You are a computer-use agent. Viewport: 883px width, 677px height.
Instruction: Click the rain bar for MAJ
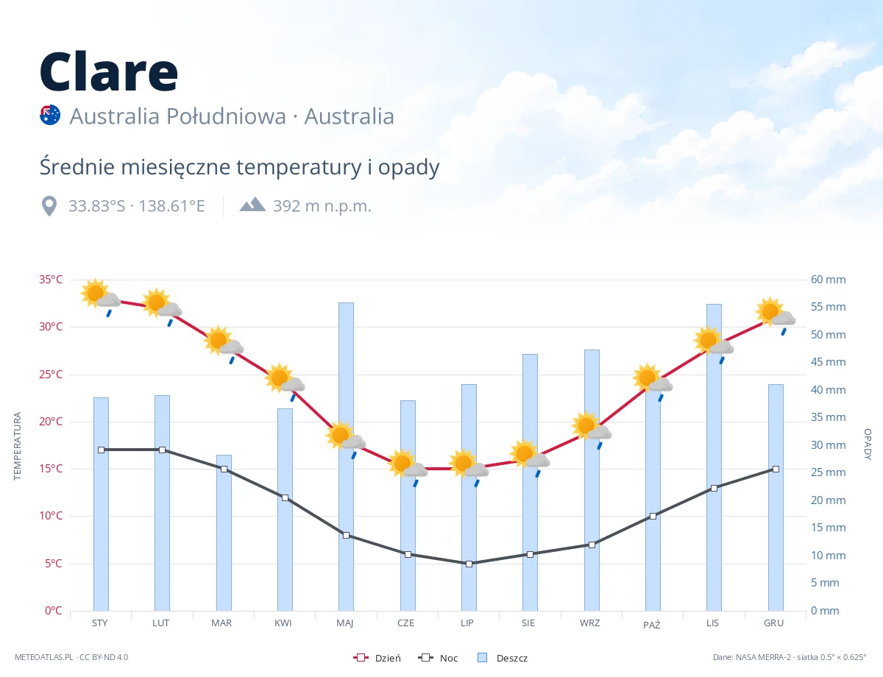346,456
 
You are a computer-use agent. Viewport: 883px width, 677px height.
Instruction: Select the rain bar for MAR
224,533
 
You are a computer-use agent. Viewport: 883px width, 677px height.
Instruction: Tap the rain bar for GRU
776,497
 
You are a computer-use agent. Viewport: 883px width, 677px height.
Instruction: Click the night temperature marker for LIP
469,564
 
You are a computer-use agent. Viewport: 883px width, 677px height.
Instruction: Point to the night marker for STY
102,450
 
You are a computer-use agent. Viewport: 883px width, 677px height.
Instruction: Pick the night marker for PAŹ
653,516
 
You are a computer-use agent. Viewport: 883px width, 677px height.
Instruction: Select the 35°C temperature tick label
51,280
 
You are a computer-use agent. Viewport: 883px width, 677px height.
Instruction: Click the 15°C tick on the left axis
51,469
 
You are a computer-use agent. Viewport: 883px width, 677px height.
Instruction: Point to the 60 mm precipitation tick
828,280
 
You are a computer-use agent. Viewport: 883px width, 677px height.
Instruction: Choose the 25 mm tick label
828,472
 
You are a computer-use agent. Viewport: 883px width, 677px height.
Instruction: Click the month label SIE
528,623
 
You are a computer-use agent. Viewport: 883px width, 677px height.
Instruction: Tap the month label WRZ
589,623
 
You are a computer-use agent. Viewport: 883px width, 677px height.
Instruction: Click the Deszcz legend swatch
482,657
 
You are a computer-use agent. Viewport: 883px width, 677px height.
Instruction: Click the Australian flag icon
50,115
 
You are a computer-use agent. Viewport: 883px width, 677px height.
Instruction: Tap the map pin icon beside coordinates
49,206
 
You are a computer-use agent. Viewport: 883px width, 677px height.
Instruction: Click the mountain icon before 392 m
252,205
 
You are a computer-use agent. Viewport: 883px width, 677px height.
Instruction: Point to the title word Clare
109,71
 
